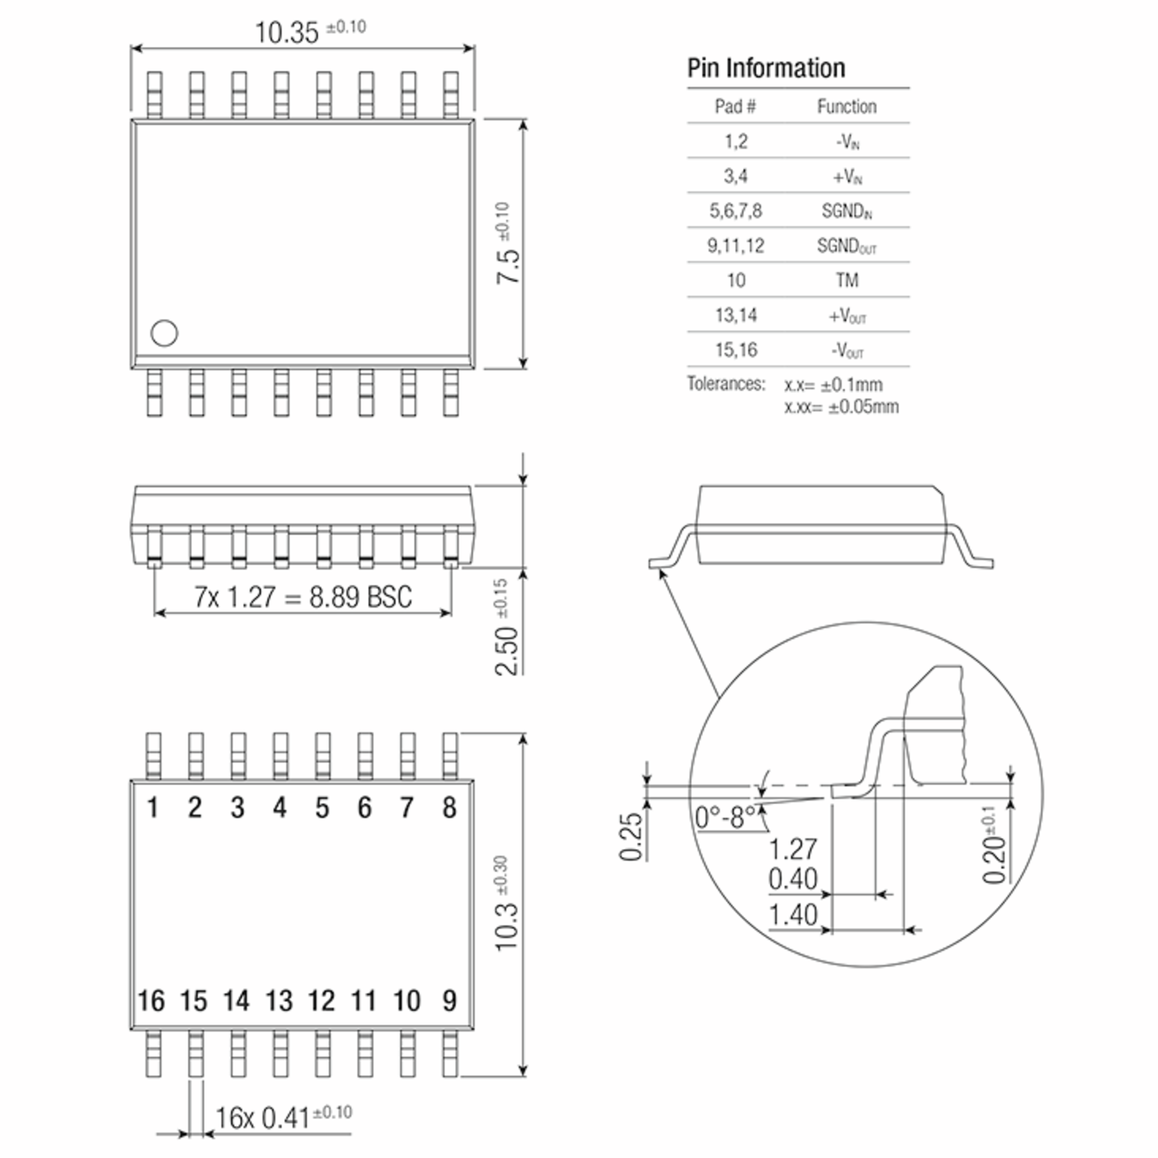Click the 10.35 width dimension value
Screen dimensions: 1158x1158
pos(287,33)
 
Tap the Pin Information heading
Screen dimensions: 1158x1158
pos(766,68)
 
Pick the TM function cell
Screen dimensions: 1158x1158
pos(847,280)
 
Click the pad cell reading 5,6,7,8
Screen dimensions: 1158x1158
pos(736,210)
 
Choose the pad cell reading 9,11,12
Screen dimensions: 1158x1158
pos(736,245)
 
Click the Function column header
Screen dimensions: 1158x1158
pos(847,107)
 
